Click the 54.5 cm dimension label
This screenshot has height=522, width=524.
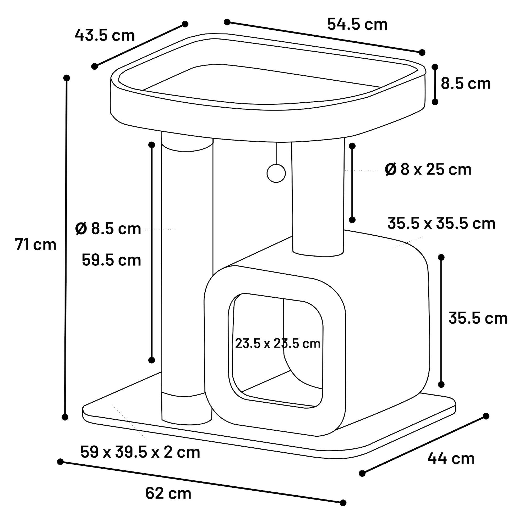point(357,24)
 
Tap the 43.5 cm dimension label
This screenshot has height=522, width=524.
point(105,36)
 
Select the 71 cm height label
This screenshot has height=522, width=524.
point(36,245)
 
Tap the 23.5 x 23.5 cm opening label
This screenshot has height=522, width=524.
point(278,344)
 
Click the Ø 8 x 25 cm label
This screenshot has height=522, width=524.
point(428,170)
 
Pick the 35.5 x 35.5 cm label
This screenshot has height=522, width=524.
point(441,224)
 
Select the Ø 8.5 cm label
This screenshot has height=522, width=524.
point(108,229)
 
